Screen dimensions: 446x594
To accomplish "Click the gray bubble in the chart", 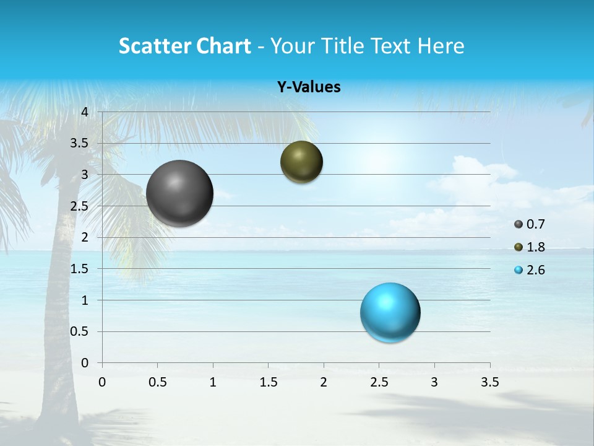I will pyautogui.click(x=180, y=193).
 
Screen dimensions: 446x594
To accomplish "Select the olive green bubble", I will pyautogui.click(x=301, y=162).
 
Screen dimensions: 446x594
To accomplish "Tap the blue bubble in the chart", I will pyautogui.click(x=390, y=312).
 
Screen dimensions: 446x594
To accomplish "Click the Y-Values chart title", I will pyautogui.click(x=309, y=87).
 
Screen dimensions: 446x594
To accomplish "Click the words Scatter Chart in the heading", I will pyautogui.click(x=184, y=46).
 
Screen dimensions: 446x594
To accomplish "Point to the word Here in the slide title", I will pyautogui.click(x=440, y=46).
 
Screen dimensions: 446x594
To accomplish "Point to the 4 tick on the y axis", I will pyautogui.click(x=85, y=112).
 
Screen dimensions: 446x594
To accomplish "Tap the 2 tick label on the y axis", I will pyautogui.click(x=85, y=237).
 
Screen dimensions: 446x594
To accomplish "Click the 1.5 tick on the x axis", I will pyautogui.click(x=268, y=382).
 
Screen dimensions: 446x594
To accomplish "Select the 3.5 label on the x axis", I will pyautogui.click(x=489, y=382).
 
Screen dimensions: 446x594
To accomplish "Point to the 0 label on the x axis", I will pyautogui.click(x=102, y=382).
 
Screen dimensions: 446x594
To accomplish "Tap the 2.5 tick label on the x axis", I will pyautogui.click(x=379, y=382).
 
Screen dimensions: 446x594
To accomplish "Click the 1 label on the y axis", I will pyautogui.click(x=85, y=300).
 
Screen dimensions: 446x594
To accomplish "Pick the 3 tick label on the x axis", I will pyautogui.click(x=434, y=382).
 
